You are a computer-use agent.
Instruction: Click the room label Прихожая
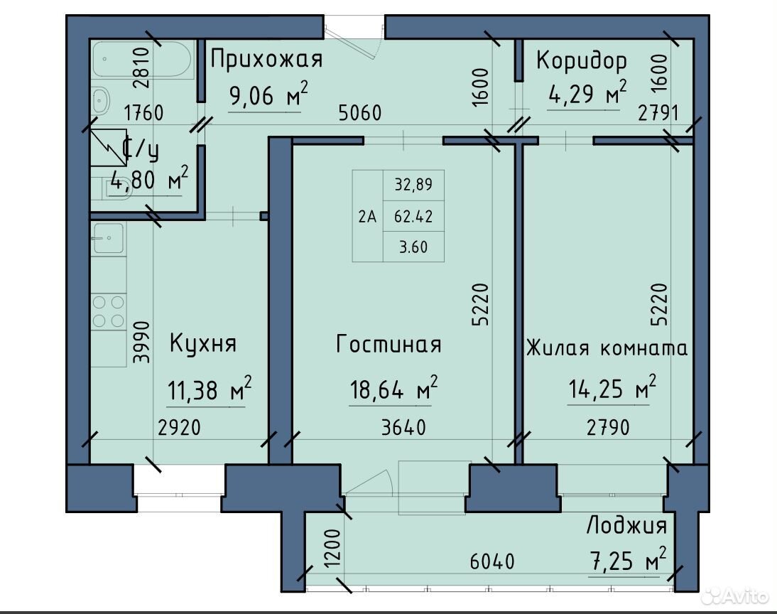pos(266,59)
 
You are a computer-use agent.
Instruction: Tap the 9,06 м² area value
pos(268,94)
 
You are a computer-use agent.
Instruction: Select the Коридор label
pos(581,61)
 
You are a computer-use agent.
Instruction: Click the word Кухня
pos(203,343)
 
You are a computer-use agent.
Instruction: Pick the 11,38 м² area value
pos(210,389)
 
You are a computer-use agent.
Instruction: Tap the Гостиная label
pos(388,344)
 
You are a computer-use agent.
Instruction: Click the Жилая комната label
pos(607,348)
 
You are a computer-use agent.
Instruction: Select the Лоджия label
pos(627,524)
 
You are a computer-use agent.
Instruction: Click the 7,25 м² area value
pos(628,559)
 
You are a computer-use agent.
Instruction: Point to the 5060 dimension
pos(360,112)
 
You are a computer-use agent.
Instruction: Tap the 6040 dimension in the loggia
pos(492,561)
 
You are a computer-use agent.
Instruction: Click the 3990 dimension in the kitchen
pos(142,343)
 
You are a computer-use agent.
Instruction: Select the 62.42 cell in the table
pos(413,216)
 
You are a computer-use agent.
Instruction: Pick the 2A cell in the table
pos(367,216)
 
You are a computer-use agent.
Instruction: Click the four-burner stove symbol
pos(109,311)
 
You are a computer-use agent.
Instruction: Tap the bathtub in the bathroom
pos(142,59)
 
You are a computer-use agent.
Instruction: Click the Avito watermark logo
pos(735,596)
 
